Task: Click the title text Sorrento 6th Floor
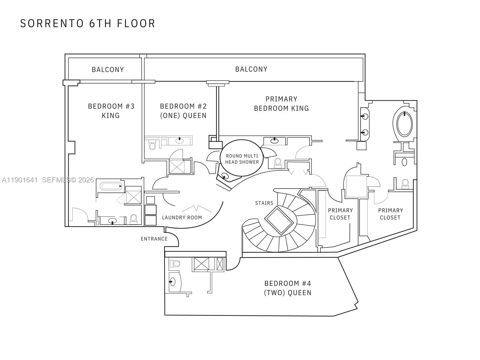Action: tap(88, 23)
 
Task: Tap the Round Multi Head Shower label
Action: tap(242, 159)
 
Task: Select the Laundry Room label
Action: tap(182, 217)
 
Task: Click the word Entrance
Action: tap(154, 239)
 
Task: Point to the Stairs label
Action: tap(264, 203)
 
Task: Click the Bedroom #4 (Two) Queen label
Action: tap(287, 288)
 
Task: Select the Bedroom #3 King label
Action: tap(111, 111)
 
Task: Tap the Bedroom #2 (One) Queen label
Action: tap(183, 111)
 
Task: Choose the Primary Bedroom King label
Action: tap(281, 103)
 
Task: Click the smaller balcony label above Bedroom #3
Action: tap(108, 70)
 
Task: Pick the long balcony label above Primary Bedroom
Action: tap(251, 69)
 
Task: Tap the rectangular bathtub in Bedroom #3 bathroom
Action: tap(111, 186)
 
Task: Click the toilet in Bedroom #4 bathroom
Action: tap(175, 263)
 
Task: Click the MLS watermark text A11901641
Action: tap(20, 180)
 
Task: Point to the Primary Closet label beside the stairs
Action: tap(340, 214)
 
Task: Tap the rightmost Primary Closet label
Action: tap(390, 214)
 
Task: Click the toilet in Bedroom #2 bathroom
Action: tap(152, 146)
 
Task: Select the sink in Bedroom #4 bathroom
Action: tap(173, 282)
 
